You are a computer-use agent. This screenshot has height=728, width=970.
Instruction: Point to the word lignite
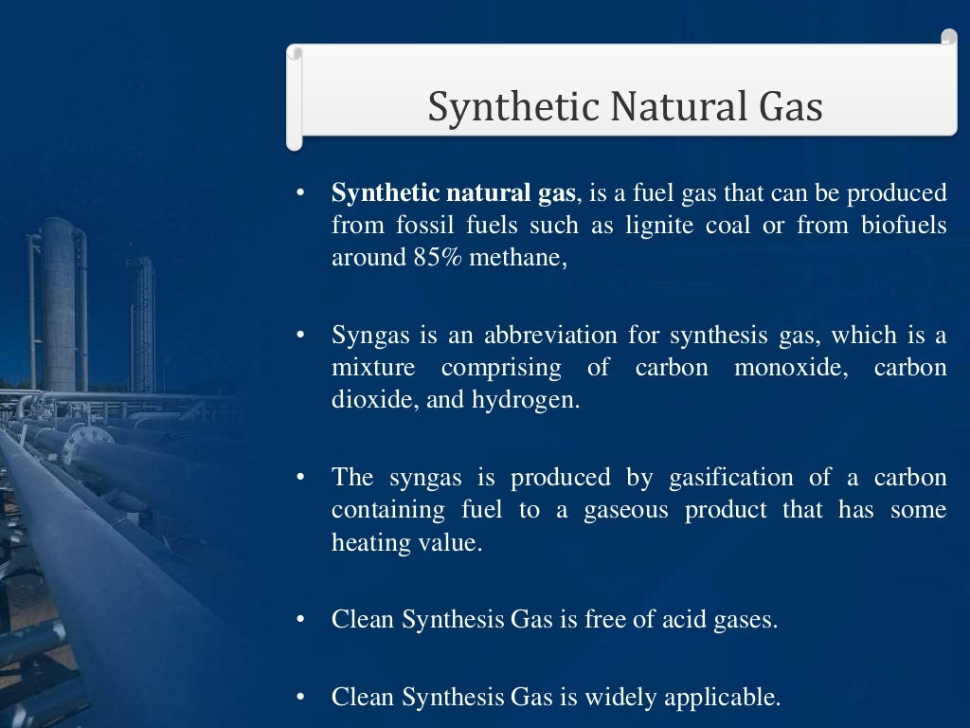[x=660, y=226]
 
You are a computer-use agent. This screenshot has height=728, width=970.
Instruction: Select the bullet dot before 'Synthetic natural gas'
[x=299, y=193]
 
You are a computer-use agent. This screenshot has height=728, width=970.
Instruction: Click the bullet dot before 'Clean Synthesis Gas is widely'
[x=299, y=699]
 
